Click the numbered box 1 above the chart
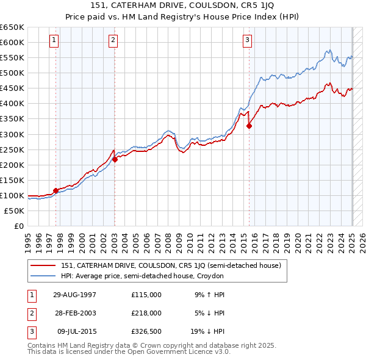pyautogui.click(x=54, y=41)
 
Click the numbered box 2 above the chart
pyautogui.click(x=113, y=41)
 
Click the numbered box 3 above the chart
pyautogui.click(x=247, y=41)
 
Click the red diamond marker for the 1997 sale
pyautogui.click(x=56, y=190)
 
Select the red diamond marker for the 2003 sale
pyautogui.click(x=115, y=159)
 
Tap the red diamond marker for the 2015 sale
pyautogui.click(x=249, y=126)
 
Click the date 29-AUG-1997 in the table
pyautogui.click(x=74, y=295)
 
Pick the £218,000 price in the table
pyautogui.click(x=146, y=313)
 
